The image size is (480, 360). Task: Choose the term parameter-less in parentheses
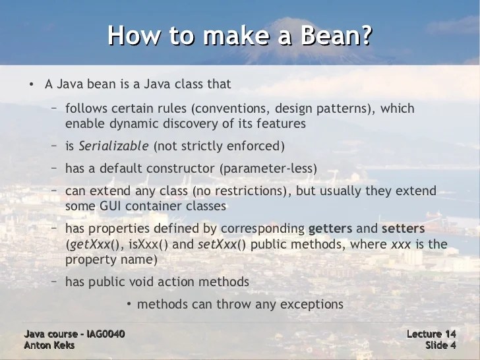click(x=278, y=168)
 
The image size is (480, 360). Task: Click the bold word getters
click(x=330, y=228)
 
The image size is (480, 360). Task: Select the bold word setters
click(x=403, y=228)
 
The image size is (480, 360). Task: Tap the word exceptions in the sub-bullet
click(x=311, y=304)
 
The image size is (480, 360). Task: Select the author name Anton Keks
click(x=49, y=345)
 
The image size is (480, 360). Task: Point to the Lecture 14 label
click(x=431, y=334)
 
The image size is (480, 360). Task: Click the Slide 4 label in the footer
click(x=440, y=345)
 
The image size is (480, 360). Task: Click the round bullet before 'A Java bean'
click(x=30, y=85)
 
